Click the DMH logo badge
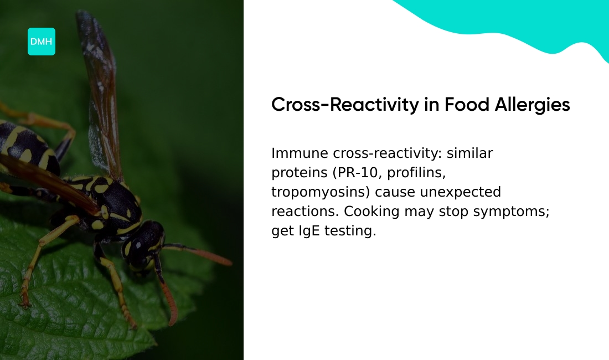42,42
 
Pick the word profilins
416,173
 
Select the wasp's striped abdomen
25,147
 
